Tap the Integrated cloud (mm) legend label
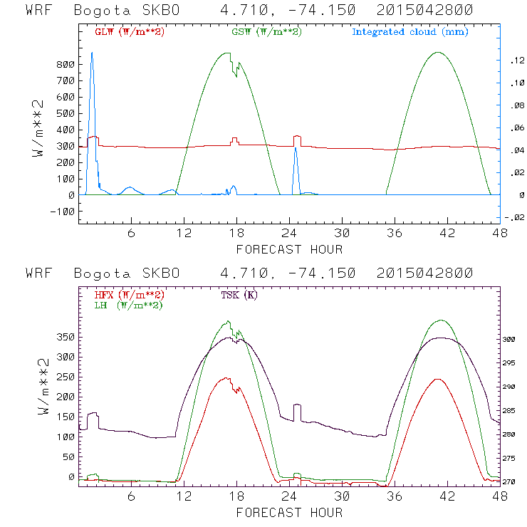(x=410, y=32)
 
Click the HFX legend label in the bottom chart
(x=129, y=295)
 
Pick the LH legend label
(x=129, y=305)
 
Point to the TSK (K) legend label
(x=240, y=295)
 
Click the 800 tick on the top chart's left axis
(x=65, y=64)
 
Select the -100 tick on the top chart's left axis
(x=62, y=212)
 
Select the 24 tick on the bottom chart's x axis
(x=289, y=496)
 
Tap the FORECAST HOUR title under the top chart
(x=289, y=249)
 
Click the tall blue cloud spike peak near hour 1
(x=91, y=53)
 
